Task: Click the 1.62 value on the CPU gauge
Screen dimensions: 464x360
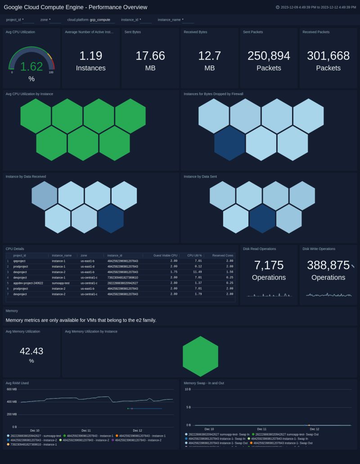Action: click(x=31, y=67)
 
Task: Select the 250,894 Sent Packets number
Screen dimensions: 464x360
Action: click(x=269, y=56)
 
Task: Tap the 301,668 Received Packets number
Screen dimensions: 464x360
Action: click(x=328, y=56)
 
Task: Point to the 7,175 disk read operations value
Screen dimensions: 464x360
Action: click(x=269, y=265)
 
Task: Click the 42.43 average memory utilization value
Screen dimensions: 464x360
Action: click(x=31, y=351)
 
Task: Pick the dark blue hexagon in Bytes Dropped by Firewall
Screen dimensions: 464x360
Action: click(x=229, y=143)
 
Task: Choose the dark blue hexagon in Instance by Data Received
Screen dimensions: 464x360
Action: click(x=111, y=218)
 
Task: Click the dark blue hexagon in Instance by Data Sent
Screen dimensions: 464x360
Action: click(x=262, y=218)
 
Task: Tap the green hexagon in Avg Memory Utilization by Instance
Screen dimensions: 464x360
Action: click(x=200, y=356)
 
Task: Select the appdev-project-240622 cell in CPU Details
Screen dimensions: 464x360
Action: click(x=28, y=283)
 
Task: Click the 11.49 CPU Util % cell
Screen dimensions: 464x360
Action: click(x=198, y=272)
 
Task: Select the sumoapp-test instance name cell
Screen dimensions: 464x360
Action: click(x=61, y=283)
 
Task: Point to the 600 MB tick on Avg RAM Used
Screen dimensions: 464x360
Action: click(x=12, y=389)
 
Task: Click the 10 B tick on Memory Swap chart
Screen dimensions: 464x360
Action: click(x=188, y=389)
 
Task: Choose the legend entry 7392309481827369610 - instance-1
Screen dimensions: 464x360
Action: click(x=32, y=445)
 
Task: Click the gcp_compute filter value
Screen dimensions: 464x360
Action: click(x=100, y=20)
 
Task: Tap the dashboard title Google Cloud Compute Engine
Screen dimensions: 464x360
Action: click(x=76, y=7)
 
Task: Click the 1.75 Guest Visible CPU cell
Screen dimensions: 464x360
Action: click(x=174, y=272)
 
